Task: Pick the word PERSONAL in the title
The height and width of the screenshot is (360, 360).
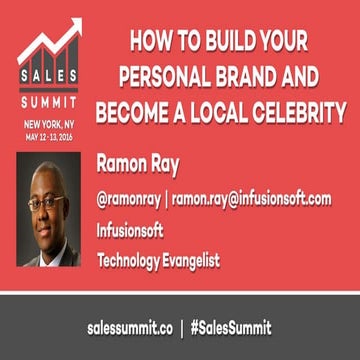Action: (174, 77)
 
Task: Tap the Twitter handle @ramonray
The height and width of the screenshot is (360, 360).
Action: (129, 199)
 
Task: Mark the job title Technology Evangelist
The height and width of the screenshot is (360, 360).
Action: (158, 261)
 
